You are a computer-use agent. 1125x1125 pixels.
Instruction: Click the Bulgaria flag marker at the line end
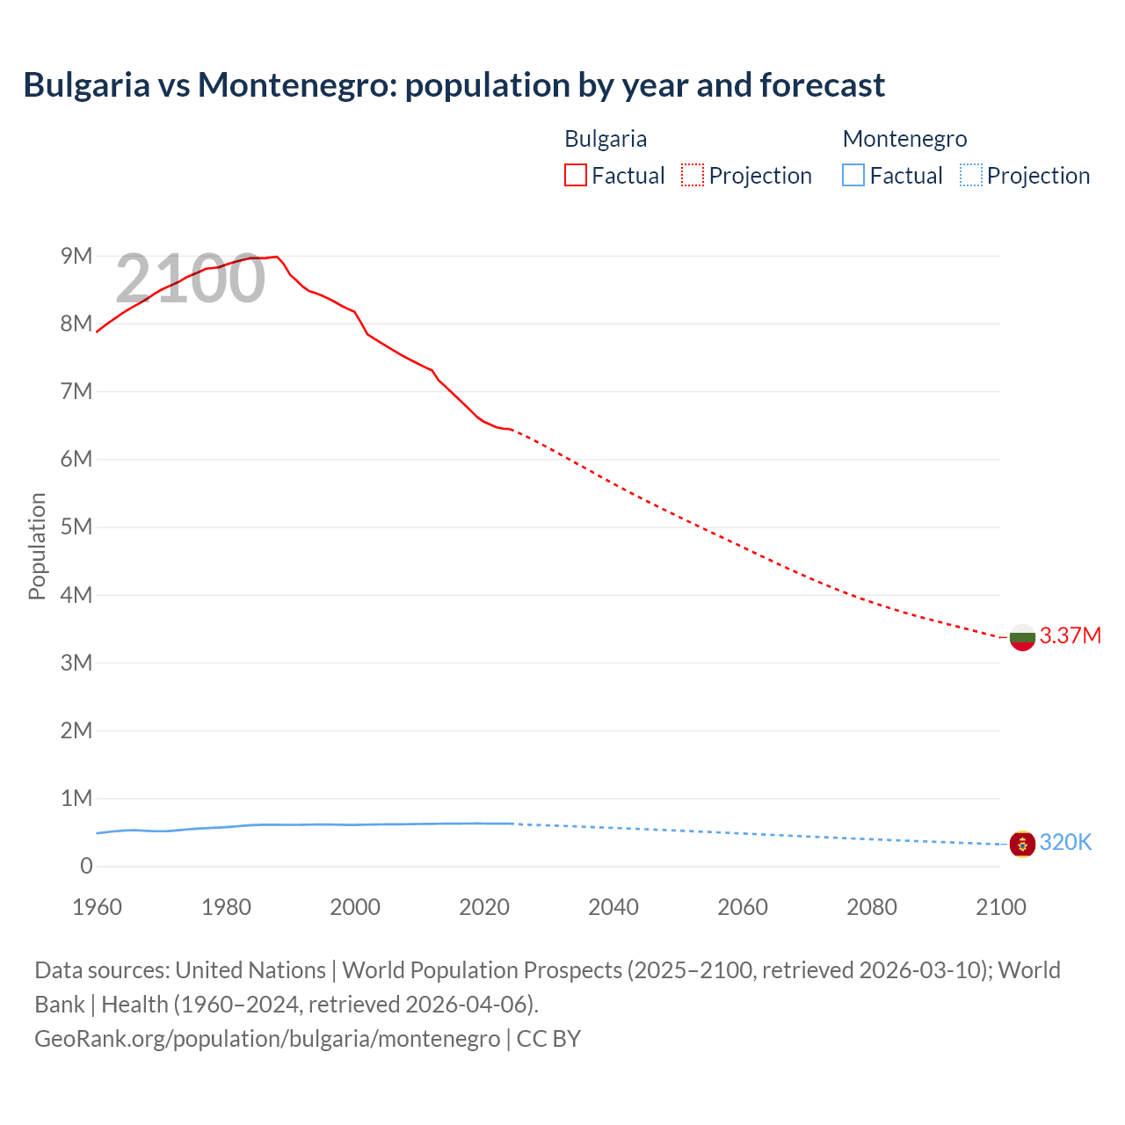(x=1022, y=637)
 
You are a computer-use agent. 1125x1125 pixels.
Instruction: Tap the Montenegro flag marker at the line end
(x=1022, y=844)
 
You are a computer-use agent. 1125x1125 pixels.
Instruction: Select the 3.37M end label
(x=1070, y=635)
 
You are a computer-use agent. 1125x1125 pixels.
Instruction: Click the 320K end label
(x=1065, y=842)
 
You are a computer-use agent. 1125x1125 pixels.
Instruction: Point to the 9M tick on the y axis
(x=76, y=256)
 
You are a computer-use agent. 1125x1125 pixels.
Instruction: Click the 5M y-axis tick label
(x=76, y=526)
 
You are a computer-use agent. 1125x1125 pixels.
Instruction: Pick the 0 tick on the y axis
(x=86, y=866)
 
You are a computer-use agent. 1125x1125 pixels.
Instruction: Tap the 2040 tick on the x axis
(x=613, y=907)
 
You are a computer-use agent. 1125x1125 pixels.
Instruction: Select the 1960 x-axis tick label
(x=97, y=907)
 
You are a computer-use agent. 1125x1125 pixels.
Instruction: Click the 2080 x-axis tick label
(x=872, y=907)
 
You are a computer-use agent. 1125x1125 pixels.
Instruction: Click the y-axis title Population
(x=37, y=546)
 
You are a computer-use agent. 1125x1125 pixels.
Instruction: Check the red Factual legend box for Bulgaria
(x=575, y=175)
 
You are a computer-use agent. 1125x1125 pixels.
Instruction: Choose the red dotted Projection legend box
(x=693, y=175)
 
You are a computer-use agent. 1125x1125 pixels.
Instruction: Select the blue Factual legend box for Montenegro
(x=853, y=175)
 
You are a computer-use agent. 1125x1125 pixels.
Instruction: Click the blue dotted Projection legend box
(x=970, y=175)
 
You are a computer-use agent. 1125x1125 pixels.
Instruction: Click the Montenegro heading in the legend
(x=904, y=139)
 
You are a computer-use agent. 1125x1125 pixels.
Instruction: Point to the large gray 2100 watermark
(x=190, y=279)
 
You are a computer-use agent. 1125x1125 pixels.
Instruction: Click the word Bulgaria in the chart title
(x=86, y=85)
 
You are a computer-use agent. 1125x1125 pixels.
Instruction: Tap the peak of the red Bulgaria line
(x=277, y=257)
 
